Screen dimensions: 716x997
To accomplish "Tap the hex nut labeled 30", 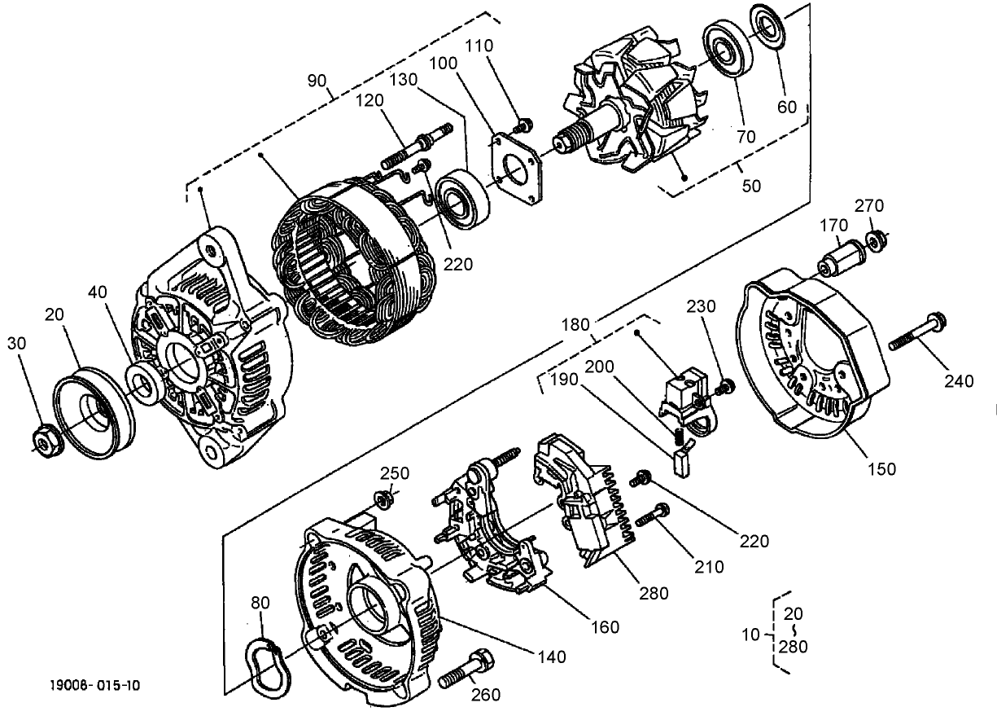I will (x=43, y=441).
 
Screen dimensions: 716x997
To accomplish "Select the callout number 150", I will (x=881, y=468).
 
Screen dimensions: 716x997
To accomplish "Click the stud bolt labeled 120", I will (x=425, y=144).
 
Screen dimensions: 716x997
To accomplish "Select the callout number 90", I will (x=317, y=81).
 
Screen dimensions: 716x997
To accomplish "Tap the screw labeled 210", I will (x=652, y=516).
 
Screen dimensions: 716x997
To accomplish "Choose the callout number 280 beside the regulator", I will (x=654, y=593).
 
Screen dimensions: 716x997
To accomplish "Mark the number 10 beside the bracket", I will (x=750, y=633).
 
